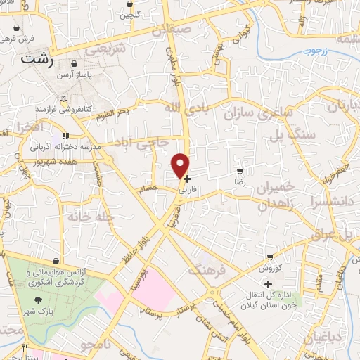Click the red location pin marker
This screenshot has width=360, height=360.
point(181,165)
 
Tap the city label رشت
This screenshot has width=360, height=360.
point(37,60)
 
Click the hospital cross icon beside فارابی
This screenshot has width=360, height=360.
point(187,179)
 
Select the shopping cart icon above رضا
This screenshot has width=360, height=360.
point(240,172)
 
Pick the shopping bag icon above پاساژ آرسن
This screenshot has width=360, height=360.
point(74,65)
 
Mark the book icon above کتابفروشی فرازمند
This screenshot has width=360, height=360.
point(64,98)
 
